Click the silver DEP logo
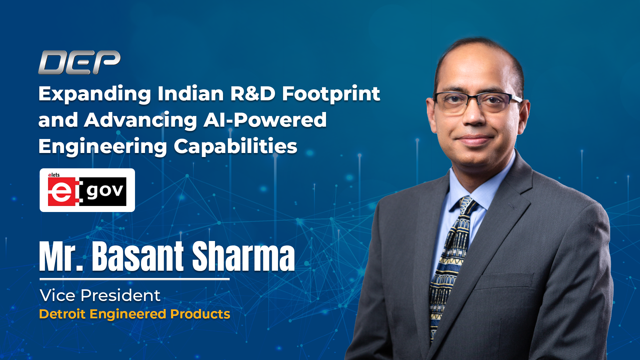pyautogui.click(x=79, y=62)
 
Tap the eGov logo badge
pyautogui.click(x=87, y=190)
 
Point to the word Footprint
pyautogui.click(x=331, y=94)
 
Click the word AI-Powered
pyautogui.click(x=265, y=120)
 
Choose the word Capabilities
pyautogui.click(x=235, y=146)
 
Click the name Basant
pyautogui.click(x=138, y=256)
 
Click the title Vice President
pyautogui.click(x=100, y=296)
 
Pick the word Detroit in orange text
pyautogui.click(x=62, y=314)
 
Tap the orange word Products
pyautogui.click(x=200, y=314)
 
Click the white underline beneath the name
pyautogui.click(x=135, y=279)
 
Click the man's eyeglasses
pyautogui.click(x=477, y=102)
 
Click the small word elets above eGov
pyautogui.click(x=54, y=175)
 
